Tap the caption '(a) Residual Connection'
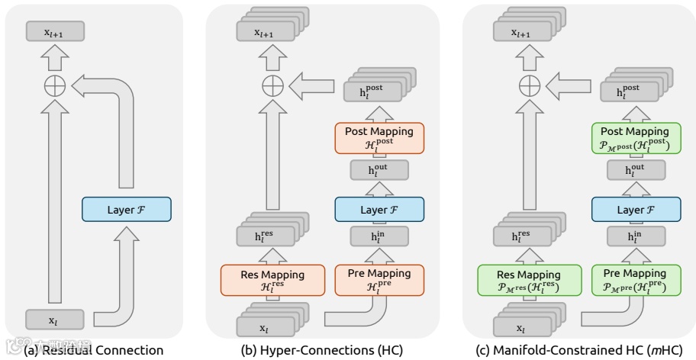coord(95,351)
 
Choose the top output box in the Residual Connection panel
coord(53,31)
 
